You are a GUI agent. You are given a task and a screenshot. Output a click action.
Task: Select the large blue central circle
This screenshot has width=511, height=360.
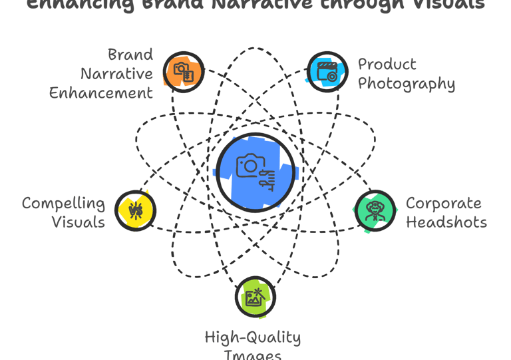point(255,171)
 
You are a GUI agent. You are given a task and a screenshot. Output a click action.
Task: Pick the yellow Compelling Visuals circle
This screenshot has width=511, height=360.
point(135,211)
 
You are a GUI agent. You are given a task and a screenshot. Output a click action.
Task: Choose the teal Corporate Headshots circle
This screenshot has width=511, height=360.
point(375,212)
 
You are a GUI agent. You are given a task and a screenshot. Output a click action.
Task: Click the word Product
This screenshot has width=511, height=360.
point(387,65)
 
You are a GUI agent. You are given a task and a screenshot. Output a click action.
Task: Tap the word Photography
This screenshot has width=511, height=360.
point(407,85)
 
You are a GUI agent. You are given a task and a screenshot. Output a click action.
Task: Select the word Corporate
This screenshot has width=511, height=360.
point(444,203)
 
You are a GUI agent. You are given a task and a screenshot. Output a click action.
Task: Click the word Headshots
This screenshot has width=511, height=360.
point(446,222)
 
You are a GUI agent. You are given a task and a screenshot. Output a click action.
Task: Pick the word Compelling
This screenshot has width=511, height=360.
point(63,203)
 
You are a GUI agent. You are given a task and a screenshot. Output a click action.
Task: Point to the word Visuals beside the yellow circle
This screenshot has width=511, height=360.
point(79,222)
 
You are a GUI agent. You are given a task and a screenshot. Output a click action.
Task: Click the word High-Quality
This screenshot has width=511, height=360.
point(253,338)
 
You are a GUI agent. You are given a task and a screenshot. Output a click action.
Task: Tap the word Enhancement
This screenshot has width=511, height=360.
point(101,92)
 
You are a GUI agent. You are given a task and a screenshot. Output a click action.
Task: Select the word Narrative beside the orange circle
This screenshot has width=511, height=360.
point(118,73)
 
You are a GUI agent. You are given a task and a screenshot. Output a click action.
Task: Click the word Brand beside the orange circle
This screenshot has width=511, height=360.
point(130,55)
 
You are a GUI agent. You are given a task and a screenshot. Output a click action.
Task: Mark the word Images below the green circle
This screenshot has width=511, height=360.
point(254,355)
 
